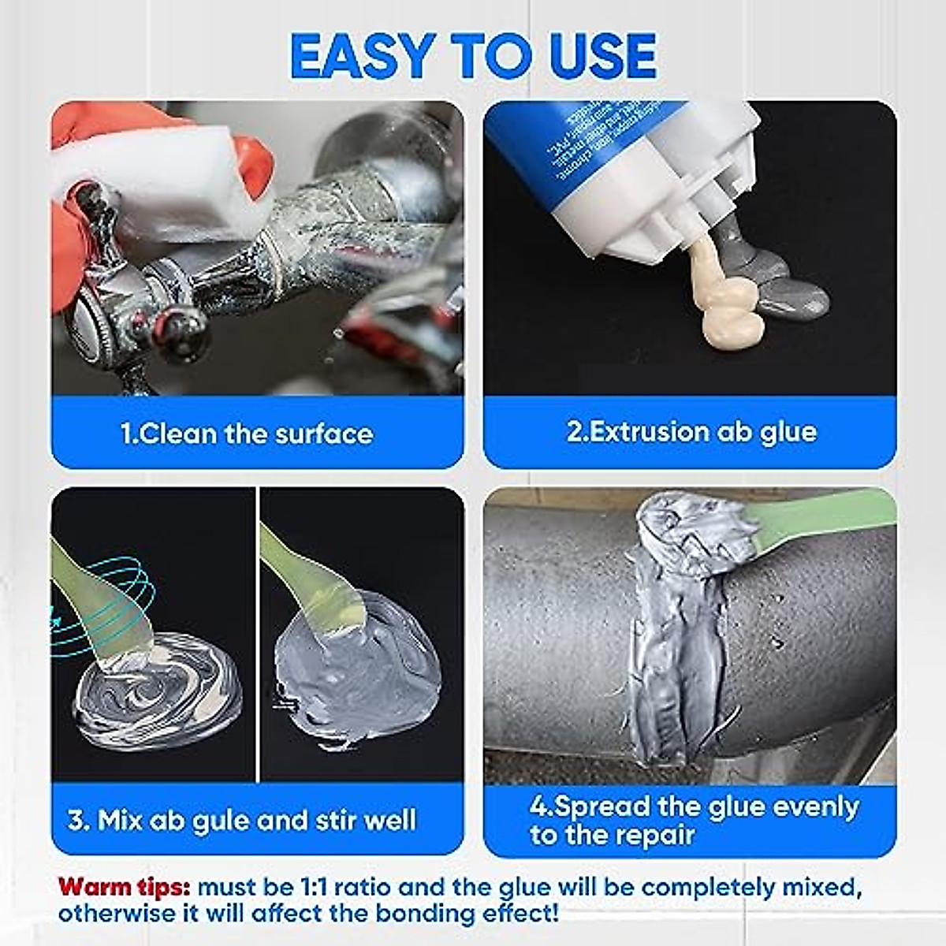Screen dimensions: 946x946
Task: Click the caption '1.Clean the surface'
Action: tap(247, 434)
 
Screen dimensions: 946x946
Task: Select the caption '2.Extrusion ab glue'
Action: tap(691, 432)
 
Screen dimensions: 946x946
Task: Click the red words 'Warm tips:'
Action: tap(124, 888)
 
